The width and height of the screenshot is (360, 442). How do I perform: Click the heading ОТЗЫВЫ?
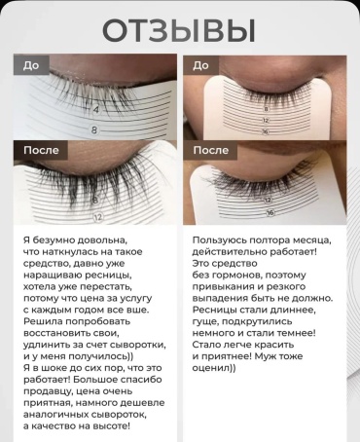tap(179, 31)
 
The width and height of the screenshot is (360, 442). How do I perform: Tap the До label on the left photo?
tap(31, 65)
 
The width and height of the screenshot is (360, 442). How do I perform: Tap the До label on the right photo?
tap(200, 65)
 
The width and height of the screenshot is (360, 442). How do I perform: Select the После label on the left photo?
tap(41, 150)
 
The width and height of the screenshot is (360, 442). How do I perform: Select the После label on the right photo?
tap(211, 150)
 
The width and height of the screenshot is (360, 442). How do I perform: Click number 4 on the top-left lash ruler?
tap(96, 109)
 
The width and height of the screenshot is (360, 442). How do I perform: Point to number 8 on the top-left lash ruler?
tap(94, 130)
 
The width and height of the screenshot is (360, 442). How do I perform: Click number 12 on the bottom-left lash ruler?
tap(98, 217)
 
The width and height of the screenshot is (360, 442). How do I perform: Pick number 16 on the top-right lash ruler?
tap(266, 131)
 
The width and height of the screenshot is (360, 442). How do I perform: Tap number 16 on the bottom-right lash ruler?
tap(270, 212)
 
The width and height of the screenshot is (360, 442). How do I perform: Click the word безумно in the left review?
tap(52, 240)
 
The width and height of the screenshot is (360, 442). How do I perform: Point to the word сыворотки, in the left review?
tap(138, 345)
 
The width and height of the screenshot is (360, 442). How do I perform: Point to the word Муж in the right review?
tap(266, 356)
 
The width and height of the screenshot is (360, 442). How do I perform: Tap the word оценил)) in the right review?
tap(214, 368)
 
